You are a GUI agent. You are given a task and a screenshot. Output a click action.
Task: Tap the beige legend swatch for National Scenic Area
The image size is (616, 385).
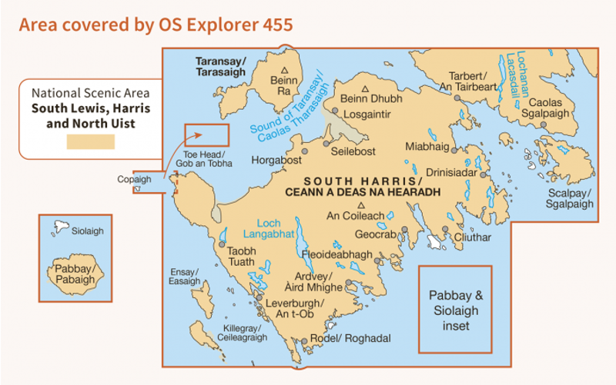(90, 141)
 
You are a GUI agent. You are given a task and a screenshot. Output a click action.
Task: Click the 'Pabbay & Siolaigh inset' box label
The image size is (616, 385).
(454, 310)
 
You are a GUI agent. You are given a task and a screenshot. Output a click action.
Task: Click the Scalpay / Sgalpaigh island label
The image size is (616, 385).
(570, 199)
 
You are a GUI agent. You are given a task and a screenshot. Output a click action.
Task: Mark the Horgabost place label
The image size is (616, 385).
(276, 161)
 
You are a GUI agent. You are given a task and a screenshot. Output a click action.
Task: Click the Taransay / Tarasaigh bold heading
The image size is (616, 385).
(220, 66)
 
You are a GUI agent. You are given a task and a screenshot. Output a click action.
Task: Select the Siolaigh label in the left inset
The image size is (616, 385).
(86, 231)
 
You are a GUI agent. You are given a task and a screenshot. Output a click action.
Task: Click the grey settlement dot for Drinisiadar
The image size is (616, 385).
(484, 174)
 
